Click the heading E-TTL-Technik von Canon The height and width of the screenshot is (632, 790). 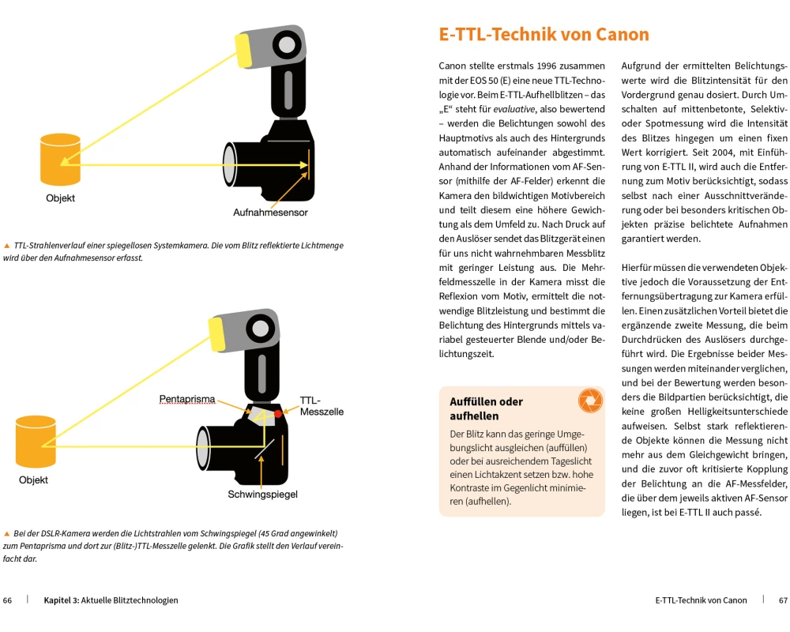coord(544,35)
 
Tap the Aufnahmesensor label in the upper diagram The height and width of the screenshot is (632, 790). coord(270,213)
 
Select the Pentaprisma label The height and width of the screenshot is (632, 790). coord(187,400)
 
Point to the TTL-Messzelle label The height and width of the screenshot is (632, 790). coord(322,406)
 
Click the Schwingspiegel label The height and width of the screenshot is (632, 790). coord(262,495)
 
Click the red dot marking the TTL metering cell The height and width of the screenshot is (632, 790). coord(279,413)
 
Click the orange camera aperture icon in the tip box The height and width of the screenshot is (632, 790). coord(590,401)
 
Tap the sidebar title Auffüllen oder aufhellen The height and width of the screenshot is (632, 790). coord(486,408)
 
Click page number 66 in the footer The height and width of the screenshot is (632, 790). coord(8,600)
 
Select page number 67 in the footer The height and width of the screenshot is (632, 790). coord(783,600)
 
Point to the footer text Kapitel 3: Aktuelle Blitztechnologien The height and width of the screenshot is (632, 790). coord(111,600)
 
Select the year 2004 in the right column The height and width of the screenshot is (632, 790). coord(711,152)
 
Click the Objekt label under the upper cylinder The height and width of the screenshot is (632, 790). coord(61,198)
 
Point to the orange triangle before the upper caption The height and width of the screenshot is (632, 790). coord(7,246)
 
